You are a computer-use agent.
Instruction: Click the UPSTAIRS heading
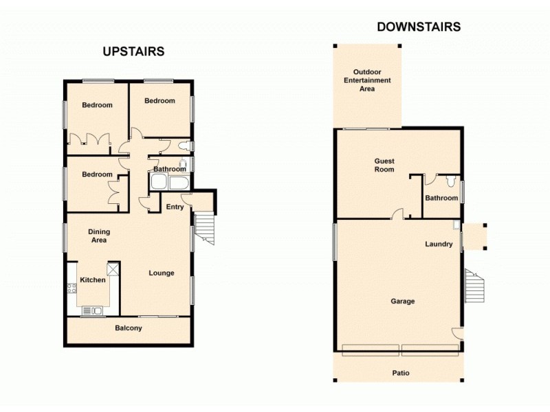click(x=133, y=51)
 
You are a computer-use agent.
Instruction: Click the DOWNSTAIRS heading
click(x=418, y=27)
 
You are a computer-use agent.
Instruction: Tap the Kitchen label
click(x=93, y=280)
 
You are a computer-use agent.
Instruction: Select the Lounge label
click(x=162, y=273)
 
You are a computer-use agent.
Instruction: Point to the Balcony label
click(x=128, y=328)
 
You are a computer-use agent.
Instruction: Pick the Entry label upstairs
click(x=175, y=207)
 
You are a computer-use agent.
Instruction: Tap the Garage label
click(x=403, y=301)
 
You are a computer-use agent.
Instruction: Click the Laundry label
click(x=438, y=244)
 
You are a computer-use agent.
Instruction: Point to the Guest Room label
click(x=384, y=165)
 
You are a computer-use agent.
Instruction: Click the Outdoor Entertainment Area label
click(x=367, y=80)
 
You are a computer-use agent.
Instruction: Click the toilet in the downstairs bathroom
click(x=449, y=181)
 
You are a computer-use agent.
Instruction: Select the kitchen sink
click(x=91, y=311)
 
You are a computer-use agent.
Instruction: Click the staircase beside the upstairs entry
click(x=205, y=227)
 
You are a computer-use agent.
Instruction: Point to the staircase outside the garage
click(x=474, y=286)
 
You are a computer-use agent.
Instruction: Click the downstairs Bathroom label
click(x=441, y=198)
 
